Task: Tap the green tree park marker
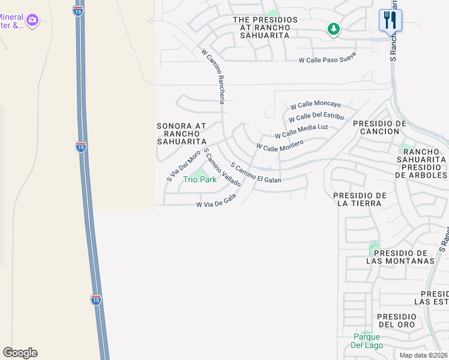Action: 333,28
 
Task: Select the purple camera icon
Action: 32,21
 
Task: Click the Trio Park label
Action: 200,179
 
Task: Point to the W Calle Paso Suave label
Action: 328,58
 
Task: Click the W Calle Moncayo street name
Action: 315,104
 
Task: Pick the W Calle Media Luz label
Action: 301,131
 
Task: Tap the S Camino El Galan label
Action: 255,172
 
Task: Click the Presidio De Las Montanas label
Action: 400,257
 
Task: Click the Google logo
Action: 20,353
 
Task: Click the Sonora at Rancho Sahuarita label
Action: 181,134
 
